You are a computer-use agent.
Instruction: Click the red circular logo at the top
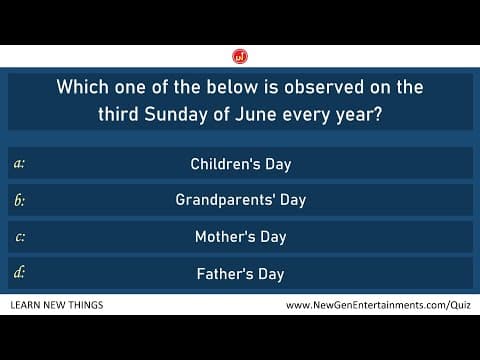(x=240, y=54)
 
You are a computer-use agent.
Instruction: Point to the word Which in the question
(x=82, y=88)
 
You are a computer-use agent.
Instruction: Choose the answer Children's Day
(x=240, y=163)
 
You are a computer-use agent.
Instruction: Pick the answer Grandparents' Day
(x=240, y=200)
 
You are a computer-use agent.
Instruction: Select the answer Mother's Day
(x=240, y=237)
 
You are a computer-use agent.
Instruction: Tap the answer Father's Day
(x=240, y=273)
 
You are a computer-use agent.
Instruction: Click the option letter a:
(x=20, y=163)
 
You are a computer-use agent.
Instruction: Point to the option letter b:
(x=20, y=200)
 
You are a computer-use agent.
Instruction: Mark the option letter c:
(x=20, y=237)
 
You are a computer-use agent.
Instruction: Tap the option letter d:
(x=20, y=273)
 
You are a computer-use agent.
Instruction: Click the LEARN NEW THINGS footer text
(x=56, y=304)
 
